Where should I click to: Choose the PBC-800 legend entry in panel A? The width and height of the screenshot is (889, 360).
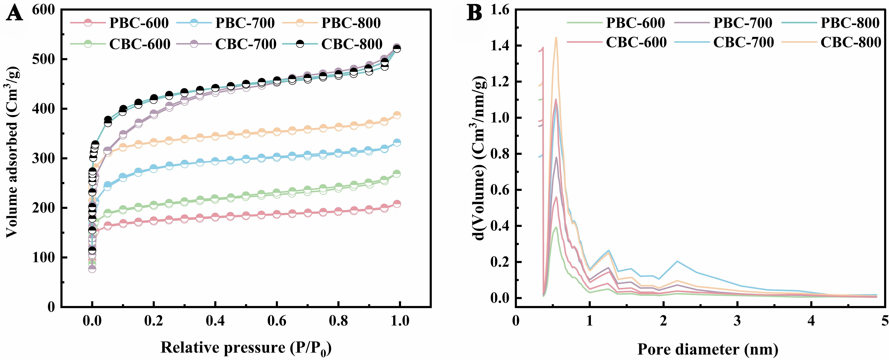point(331,23)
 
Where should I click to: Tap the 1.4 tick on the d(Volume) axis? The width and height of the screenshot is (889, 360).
point(499,46)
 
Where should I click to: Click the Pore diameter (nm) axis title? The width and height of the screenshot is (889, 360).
point(707,349)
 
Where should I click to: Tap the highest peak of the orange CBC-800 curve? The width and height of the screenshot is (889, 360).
point(556,38)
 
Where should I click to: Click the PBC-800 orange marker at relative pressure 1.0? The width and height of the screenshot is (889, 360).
point(397,115)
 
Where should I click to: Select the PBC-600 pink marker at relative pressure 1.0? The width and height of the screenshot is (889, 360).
point(397,204)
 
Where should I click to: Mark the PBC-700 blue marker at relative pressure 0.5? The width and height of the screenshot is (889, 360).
point(246,159)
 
